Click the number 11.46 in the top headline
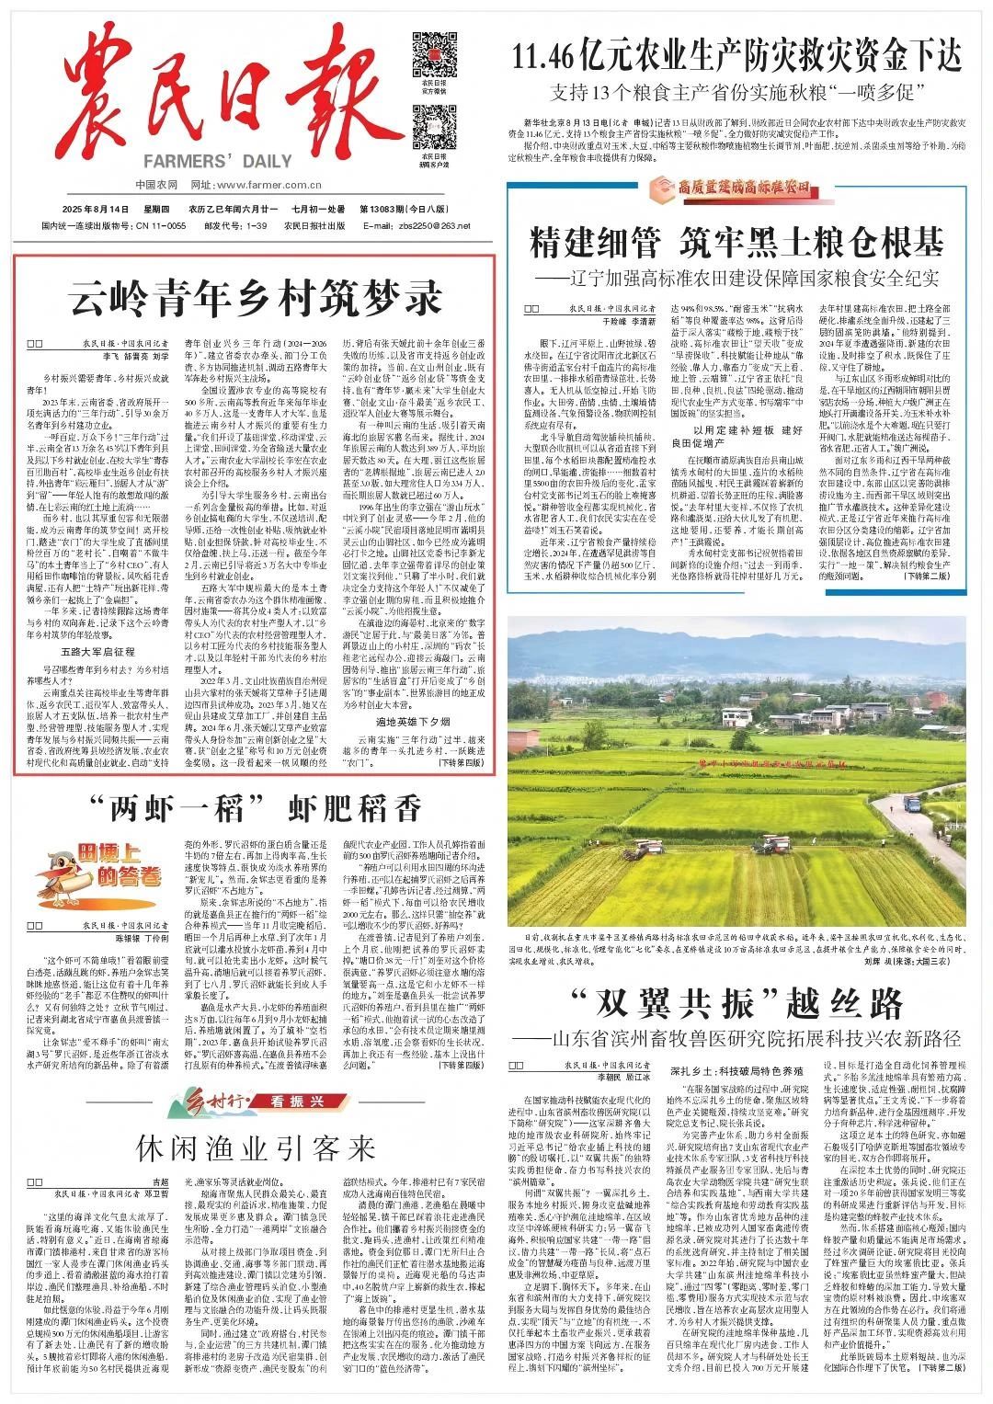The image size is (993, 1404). click(545, 58)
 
